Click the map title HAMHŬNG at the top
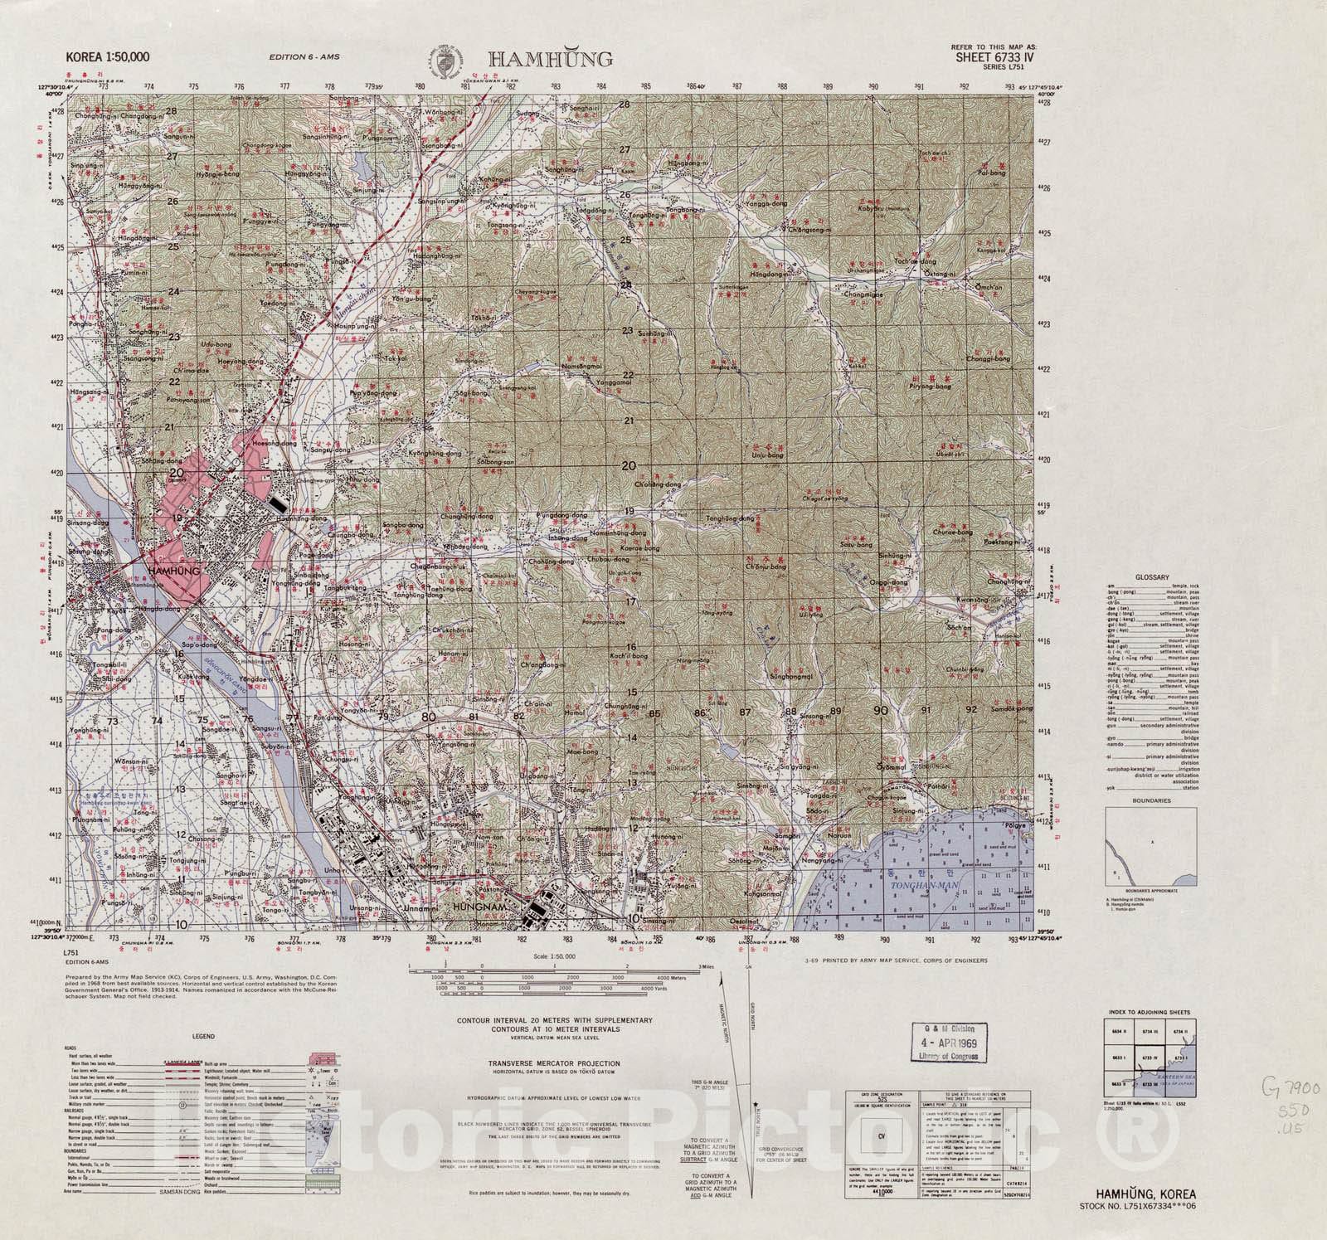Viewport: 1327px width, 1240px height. pyautogui.click(x=550, y=59)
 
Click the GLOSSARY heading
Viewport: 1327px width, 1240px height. pyautogui.click(x=1154, y=577)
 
